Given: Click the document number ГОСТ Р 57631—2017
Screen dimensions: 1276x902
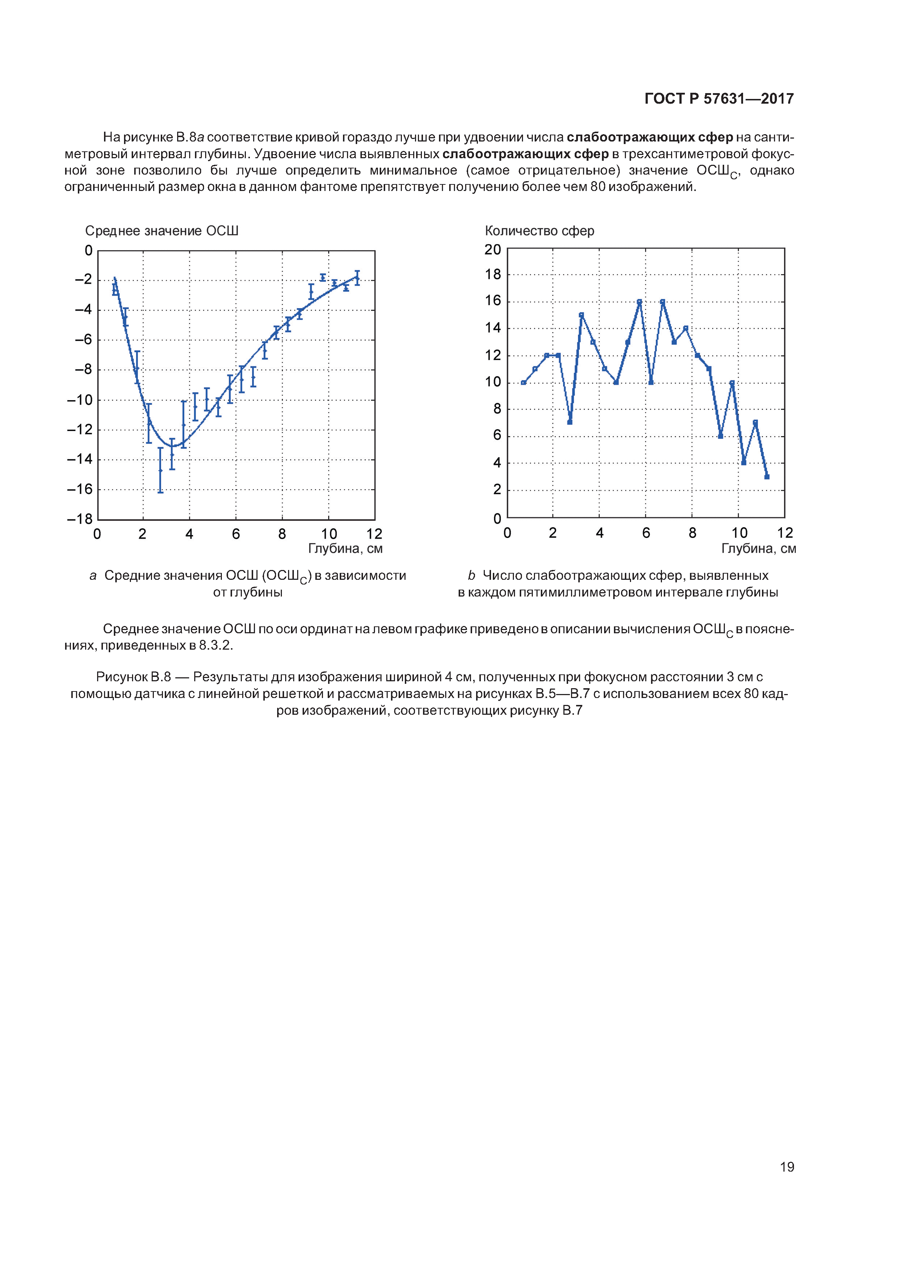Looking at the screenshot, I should pyautogui.click(x=719, y=99).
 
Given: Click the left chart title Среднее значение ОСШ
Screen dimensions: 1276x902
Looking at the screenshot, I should pyautogui.click(x=161, y=231).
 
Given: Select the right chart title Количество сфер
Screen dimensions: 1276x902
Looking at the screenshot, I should pyautogui.click(x=539, y=231).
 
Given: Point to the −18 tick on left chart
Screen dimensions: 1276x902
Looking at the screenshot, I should pyautogui.click(x=80, y=519).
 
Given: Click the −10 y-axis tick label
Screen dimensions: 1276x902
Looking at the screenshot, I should pyautogui.click(x=80, y=400).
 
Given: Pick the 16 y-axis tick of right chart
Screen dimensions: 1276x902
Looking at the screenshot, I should pyautogui.click(x=493, y=301).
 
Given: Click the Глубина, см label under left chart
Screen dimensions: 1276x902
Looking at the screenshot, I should pyautogui.click(x=345, y=549).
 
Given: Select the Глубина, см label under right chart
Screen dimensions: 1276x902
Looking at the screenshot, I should pyautogui.click(x=758, y=549).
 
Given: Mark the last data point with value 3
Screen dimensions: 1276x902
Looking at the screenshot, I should pyautogui.click(x=766, y=476).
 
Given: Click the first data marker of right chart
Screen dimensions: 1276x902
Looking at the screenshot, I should pyautogui.click(x=523, y=382).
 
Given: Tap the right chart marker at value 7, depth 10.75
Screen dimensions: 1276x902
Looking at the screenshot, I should pyautogui.click(x=755, y=422).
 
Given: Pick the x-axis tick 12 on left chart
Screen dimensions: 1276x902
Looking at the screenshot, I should pyautogui.click(x=375, y=534).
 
